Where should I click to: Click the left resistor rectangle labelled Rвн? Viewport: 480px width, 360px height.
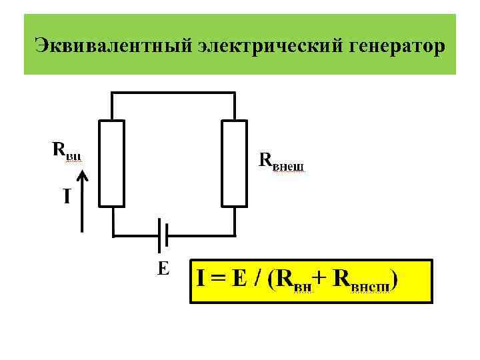112,163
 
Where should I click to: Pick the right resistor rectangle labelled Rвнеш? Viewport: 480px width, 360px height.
235,163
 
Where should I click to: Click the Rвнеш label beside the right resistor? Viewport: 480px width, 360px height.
280,161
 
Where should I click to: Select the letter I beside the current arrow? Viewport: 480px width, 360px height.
67,197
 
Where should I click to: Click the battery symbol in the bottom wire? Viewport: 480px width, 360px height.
162,235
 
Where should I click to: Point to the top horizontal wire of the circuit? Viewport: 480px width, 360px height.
173,93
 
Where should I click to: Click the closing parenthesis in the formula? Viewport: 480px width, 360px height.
396,281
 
